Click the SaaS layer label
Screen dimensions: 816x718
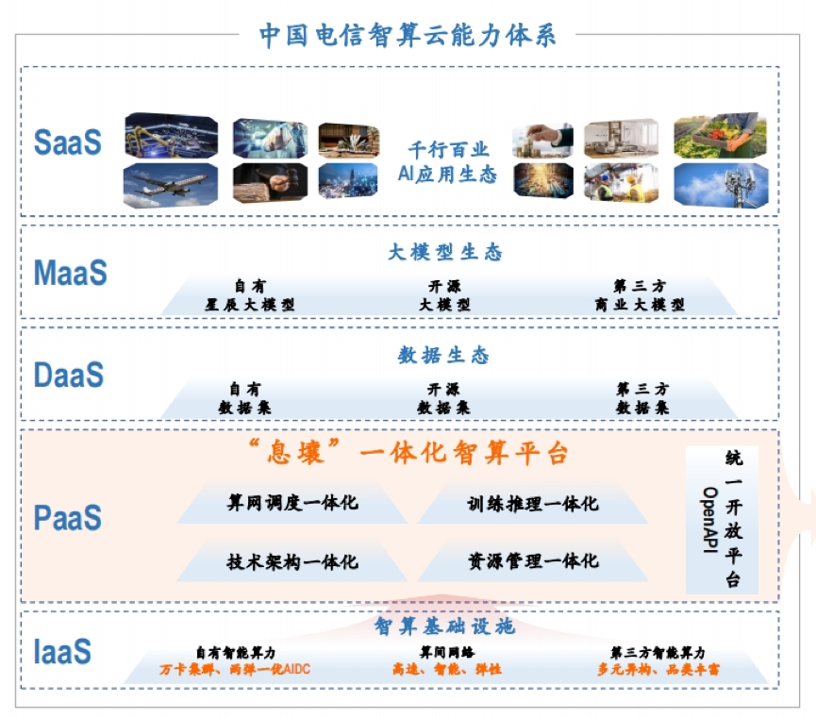tap(68, 142)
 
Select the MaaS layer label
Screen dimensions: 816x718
tap(70, 273)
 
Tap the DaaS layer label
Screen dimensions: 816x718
tap(69, 375)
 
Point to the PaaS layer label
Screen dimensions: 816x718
tap(68, 518)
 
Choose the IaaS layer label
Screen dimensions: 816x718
tap(62, 651)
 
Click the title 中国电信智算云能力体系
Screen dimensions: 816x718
tap(408, 36)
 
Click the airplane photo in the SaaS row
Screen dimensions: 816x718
tap(170, 185)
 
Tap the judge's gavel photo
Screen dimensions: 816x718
tap(270, 183)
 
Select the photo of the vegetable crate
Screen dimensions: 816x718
tap(720, 135)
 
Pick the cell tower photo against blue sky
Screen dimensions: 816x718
tap(721, 185)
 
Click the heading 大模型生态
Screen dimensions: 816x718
tap(445, 253)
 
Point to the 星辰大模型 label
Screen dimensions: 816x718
tap(250, 305)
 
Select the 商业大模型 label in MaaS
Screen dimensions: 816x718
tap(640, 305)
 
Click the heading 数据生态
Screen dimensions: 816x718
tap(443, 355)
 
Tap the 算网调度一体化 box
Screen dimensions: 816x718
tap(291, 503)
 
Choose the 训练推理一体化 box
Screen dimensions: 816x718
tap(533, 504)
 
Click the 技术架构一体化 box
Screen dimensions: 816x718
tap(291, 561)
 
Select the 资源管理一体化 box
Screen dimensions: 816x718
tap(533, 560)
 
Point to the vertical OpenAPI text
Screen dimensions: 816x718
tap(709, 519)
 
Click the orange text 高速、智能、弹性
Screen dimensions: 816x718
tap(447, 669)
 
